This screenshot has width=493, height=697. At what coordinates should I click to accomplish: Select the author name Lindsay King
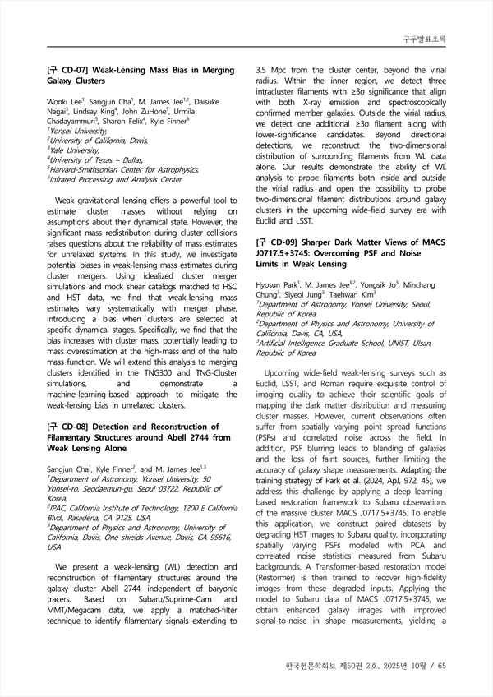[96, 111]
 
